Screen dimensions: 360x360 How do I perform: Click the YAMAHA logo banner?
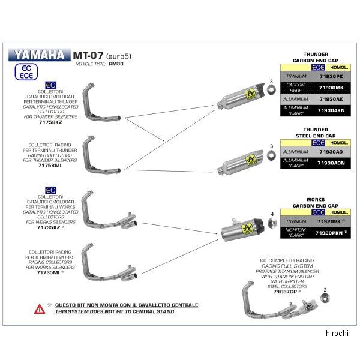pyautogui.click(x=38, y=55)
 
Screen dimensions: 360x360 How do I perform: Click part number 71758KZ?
pyautogui.click(x=50, y=122)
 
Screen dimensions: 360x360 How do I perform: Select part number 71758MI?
pyautogui.click(x=50, y=165)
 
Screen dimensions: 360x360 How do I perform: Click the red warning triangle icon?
pyautogui.click(x=39, y=308)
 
